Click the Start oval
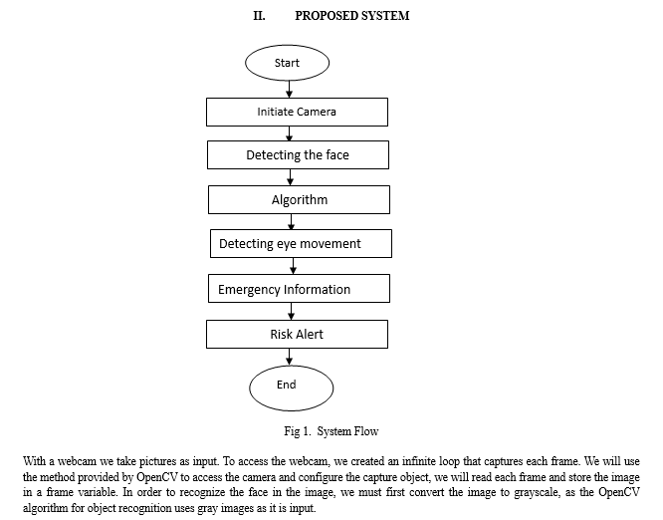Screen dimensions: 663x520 pyautogui.click(x=287, y=63)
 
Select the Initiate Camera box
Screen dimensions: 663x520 pyautogui.click(x=297, y=113)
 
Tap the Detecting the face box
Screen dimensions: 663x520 pyautogui.click(x=298, y=155)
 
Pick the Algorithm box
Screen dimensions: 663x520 pyautogui.click(x=299, y=199)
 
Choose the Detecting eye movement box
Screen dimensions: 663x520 pyautogui.click(x=301, y=244)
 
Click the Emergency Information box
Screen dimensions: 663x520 pyautogui.click(x=299, y=289)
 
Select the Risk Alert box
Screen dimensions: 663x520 pyautogui.click(x=297, y=335)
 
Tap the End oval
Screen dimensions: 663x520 pyautogui.click(x=292, y=388)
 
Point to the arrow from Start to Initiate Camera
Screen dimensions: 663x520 pyautogui.click(x=290, y=90)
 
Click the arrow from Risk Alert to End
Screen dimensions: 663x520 pyautogui.click(x=290, y=357)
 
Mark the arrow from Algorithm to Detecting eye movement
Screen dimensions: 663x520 pyautogui.click(x=292, y=222)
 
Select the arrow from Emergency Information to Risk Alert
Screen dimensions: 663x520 pyautogui.click(x=292, y=311)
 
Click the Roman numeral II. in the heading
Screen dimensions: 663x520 pyautogui.click(x=259, y=16)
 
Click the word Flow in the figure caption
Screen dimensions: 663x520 pyautogui.click(x=367, y=431)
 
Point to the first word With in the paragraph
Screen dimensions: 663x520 pyautogui.click(x=34, y=461)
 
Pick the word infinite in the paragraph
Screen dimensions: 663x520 pyautogui.click(x=418, y=461)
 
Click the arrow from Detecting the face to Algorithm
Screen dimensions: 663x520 pyautogui.click(x=290, y=177)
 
